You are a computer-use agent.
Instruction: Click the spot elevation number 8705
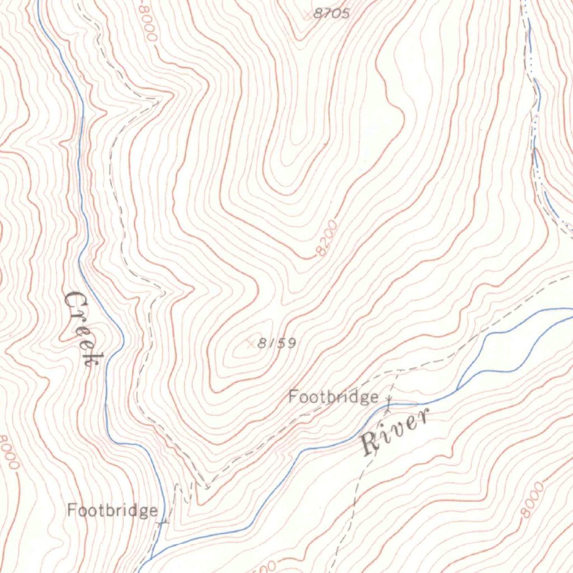(x=331, y=13)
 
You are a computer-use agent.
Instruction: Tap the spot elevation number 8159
(x=276, y=343)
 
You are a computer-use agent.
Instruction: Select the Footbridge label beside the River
(x=333, y=397)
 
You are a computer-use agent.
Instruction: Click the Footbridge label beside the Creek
(x=112, y=510)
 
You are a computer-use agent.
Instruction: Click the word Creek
(x=80, y=327)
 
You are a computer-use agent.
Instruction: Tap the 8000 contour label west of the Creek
(x=10, y=453)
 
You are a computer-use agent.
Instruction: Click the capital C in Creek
(x=73, y=303)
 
